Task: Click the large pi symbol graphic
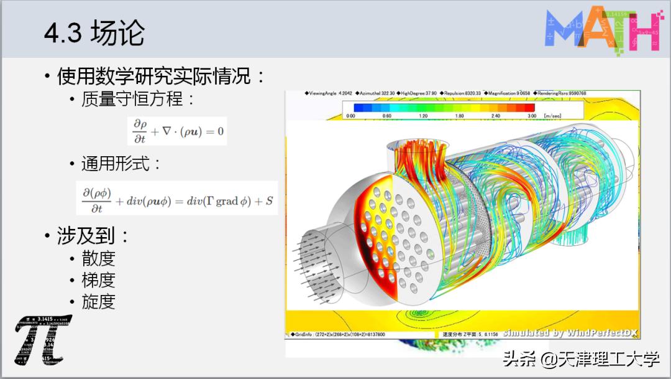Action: [x=42, y=340]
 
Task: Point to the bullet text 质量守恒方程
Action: [x=138, y=100]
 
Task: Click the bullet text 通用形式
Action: [x=121, y=164]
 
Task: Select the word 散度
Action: [x=98, y=258]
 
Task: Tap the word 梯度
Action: [x=98, y=280]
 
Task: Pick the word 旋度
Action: [x=98, y=302]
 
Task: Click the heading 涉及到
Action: [x=93, y=236]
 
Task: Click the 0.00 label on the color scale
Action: [x=350, y=116]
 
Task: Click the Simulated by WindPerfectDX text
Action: [x=570, y=333]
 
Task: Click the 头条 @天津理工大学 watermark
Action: [x=582, y=358]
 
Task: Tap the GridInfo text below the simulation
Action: [x=339, y=335]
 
